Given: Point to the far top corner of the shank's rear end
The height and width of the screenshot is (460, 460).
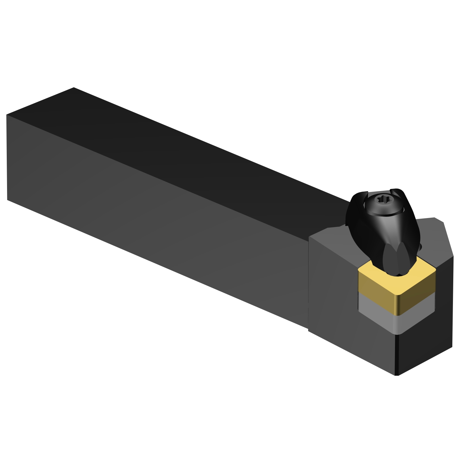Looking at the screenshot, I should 74,88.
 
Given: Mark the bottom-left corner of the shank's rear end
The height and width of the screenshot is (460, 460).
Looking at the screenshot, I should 7,200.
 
